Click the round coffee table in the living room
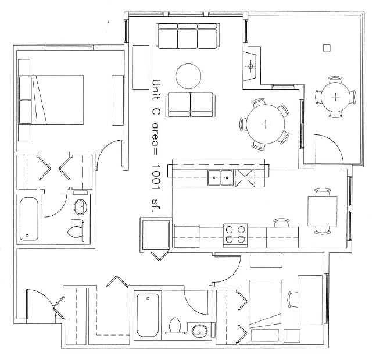tap(188, 76)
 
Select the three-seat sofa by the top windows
tap(188, 35)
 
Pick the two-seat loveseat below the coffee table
tap(191, 105)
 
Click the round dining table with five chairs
tap(266, 124)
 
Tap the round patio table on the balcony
tap(335, 97)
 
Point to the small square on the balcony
tap(327, 48)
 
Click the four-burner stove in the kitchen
tap(235, 235)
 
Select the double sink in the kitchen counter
tap(220, 178)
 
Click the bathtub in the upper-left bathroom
tap(29, 219)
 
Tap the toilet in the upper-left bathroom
tap(76, 231)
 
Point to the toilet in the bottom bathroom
tap(174, 326)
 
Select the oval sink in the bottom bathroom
tap(200, 332)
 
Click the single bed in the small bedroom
tap(265, 311)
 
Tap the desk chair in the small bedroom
tap(293, 300)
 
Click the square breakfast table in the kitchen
tap(323, 211)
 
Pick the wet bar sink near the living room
tap(250, 66)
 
